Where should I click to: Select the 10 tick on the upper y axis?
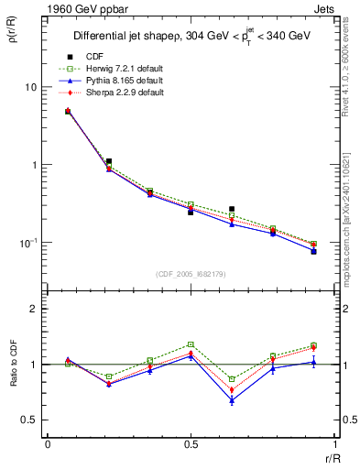pos(33,87)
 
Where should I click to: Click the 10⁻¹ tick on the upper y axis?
pos(31,243)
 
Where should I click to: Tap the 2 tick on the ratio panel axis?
pos(38,309)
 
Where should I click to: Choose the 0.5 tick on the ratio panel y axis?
pos(34,420)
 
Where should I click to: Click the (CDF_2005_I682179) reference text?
pos(191,274)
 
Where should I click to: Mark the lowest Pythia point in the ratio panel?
pos(232,400)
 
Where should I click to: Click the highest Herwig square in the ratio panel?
pos(191,344)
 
